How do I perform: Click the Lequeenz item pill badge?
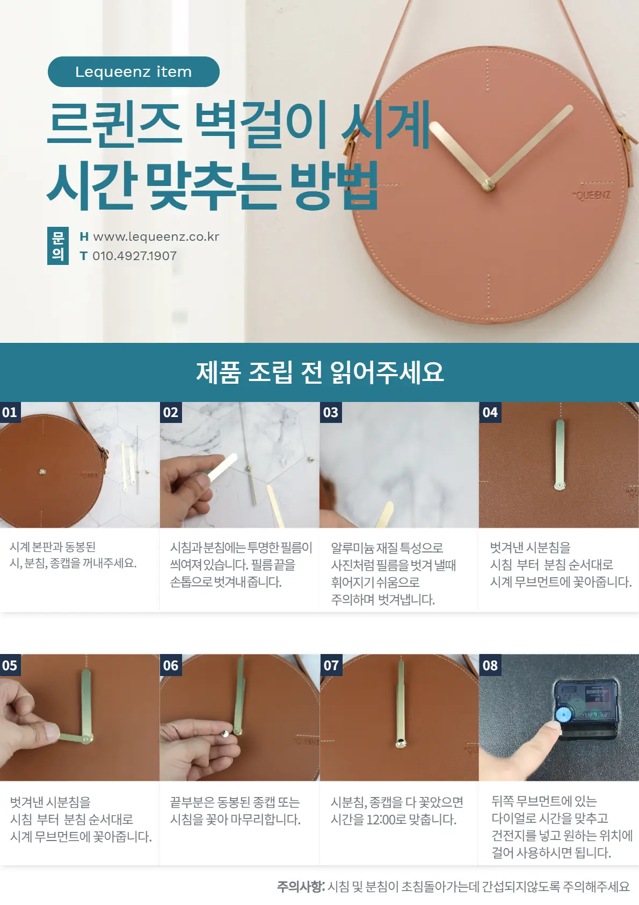click(133, 71)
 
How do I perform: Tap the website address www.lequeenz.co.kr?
click(156, 236)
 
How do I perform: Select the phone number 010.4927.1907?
click(134, 256)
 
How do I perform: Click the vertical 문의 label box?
click(58, 246)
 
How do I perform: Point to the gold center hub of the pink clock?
click(488, 185)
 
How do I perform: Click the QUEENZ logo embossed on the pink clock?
click(592, 195)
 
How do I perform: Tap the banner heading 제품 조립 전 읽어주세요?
click(319, 372)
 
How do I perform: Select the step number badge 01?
click(10, 412)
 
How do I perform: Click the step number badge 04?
click(490, 412)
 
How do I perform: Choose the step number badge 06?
click(170, 665)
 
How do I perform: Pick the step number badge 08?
click(490, 665)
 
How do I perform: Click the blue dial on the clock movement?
click(563, 714)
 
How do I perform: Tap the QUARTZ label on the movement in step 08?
click(595, 715)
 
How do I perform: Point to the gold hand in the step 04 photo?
click(560, 454)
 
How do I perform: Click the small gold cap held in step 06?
click(225, 733)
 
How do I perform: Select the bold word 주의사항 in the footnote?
click(300, 886)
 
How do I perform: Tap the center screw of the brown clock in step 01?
click(42, 472)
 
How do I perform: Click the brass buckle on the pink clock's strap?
click(350, 143)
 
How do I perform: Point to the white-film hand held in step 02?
click(221, 468)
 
